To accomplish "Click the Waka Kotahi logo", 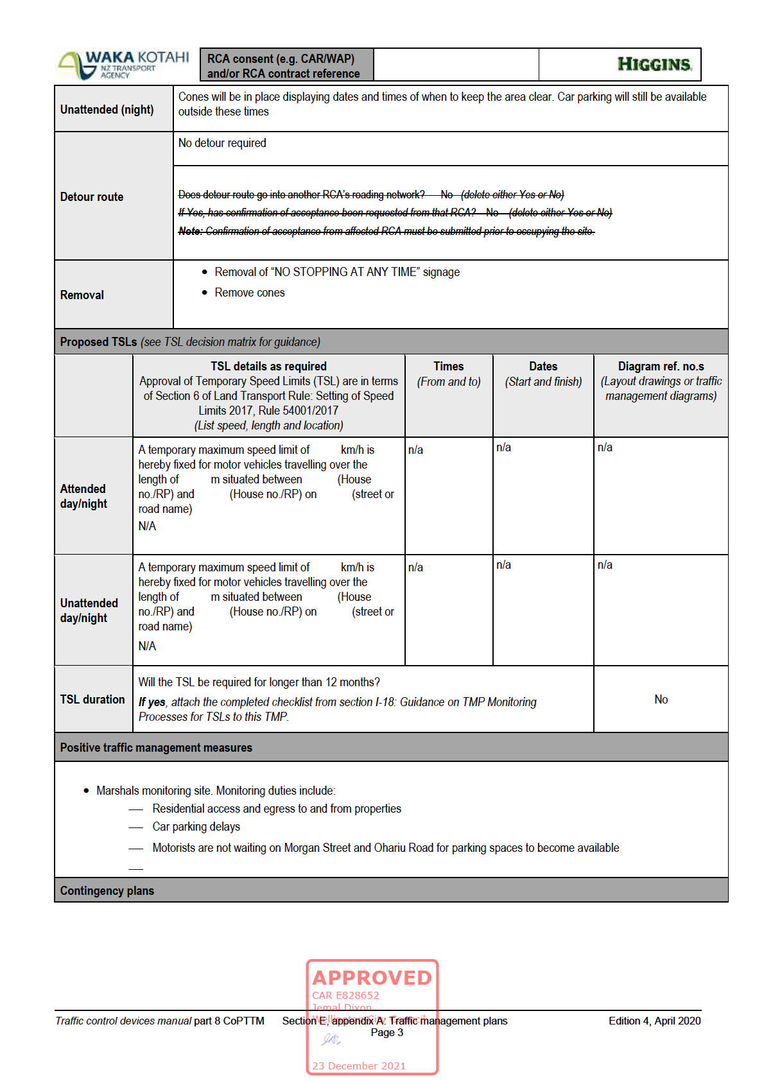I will point(124,65).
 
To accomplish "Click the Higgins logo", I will point(654,64).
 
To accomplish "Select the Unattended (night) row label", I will point(107,110).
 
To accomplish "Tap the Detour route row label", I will point(92,197).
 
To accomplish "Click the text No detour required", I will point(222,143).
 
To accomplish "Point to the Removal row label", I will point(82,295).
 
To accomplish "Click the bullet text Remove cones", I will point(250,293).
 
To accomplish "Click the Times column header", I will point(448,367).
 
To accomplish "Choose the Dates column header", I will point(543,367).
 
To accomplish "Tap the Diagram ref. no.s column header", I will point(661,367).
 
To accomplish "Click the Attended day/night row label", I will point(83,496).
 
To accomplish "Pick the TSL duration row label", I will point(92,700).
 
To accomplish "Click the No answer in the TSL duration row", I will point(661,700).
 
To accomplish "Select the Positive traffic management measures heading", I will point(156,748).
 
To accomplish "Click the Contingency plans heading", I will point(107,891).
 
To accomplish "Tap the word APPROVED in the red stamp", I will point(372,978).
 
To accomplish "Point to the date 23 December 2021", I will point(359,1066).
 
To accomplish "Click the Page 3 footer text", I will point(387,1032).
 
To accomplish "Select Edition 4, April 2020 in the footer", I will point(654,1021).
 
